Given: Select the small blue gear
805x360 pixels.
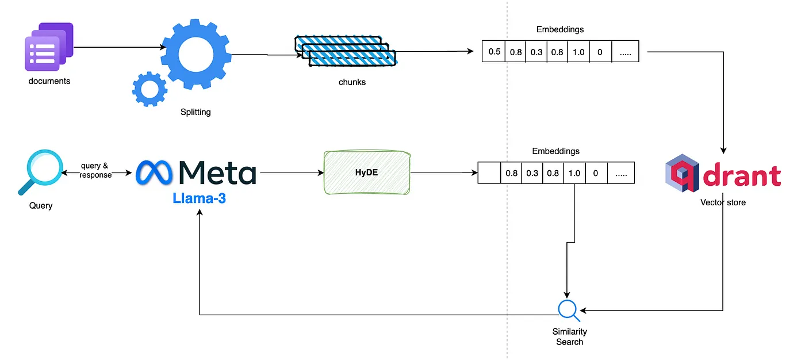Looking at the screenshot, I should (x=149, y=89).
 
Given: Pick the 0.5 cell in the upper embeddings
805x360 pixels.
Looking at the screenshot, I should (x=494, y=52).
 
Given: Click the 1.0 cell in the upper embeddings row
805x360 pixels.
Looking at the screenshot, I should (x=578, y=52).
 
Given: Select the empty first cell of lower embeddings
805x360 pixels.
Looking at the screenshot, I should (x=489, y=173).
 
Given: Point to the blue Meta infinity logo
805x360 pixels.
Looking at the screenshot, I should (x=155, y=172).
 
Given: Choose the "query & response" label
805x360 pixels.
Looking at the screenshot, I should (x=95, y=170).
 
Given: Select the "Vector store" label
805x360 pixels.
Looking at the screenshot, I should (x=723, y=202).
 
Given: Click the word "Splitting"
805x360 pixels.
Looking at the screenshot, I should (x=195, y=112).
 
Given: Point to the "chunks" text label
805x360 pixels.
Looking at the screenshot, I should (x=352, y=82).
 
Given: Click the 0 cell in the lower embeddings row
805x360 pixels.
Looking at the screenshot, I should (x=595, y=173).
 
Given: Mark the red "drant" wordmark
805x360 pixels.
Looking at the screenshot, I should (x=742, y=175).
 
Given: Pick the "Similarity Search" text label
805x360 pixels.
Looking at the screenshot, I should (x=569, y=336).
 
